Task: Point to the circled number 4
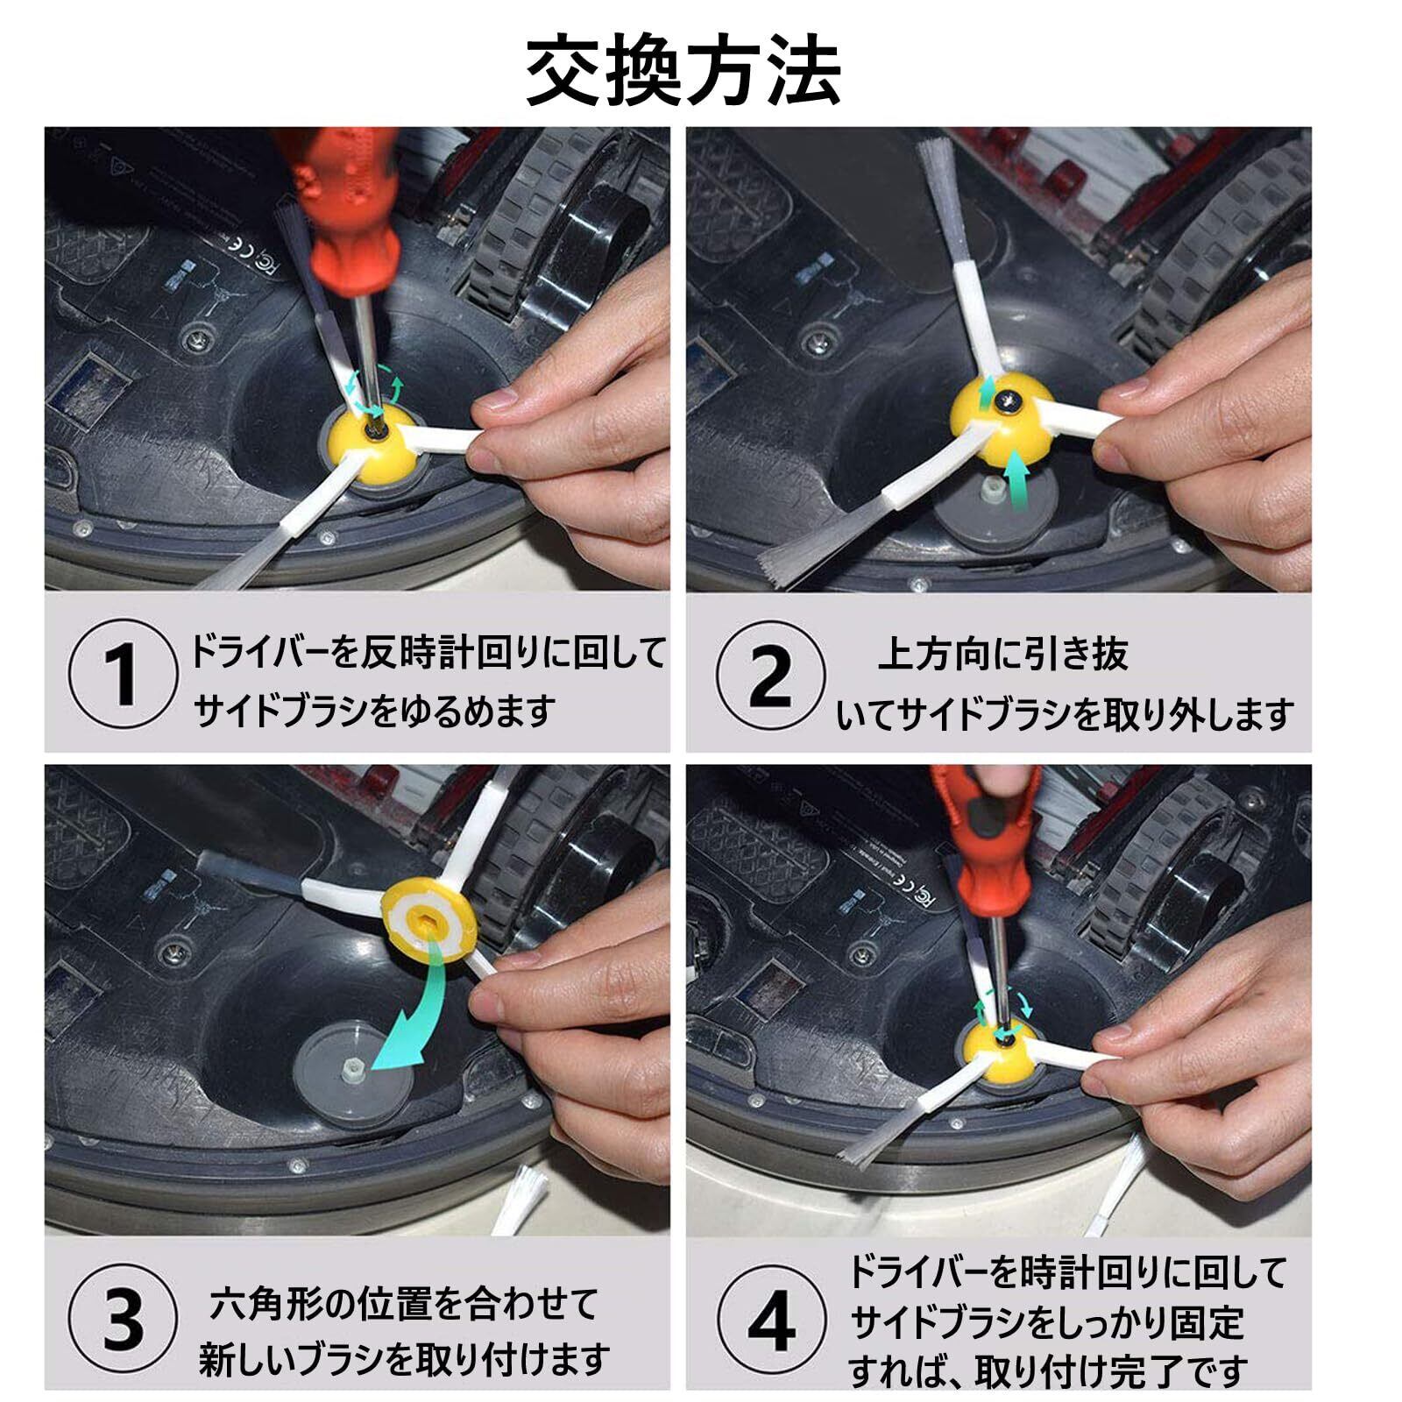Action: pyautogui.click(x=771, y=1319)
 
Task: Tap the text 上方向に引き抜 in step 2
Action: pyautogui.click(x=1003, y=654)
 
